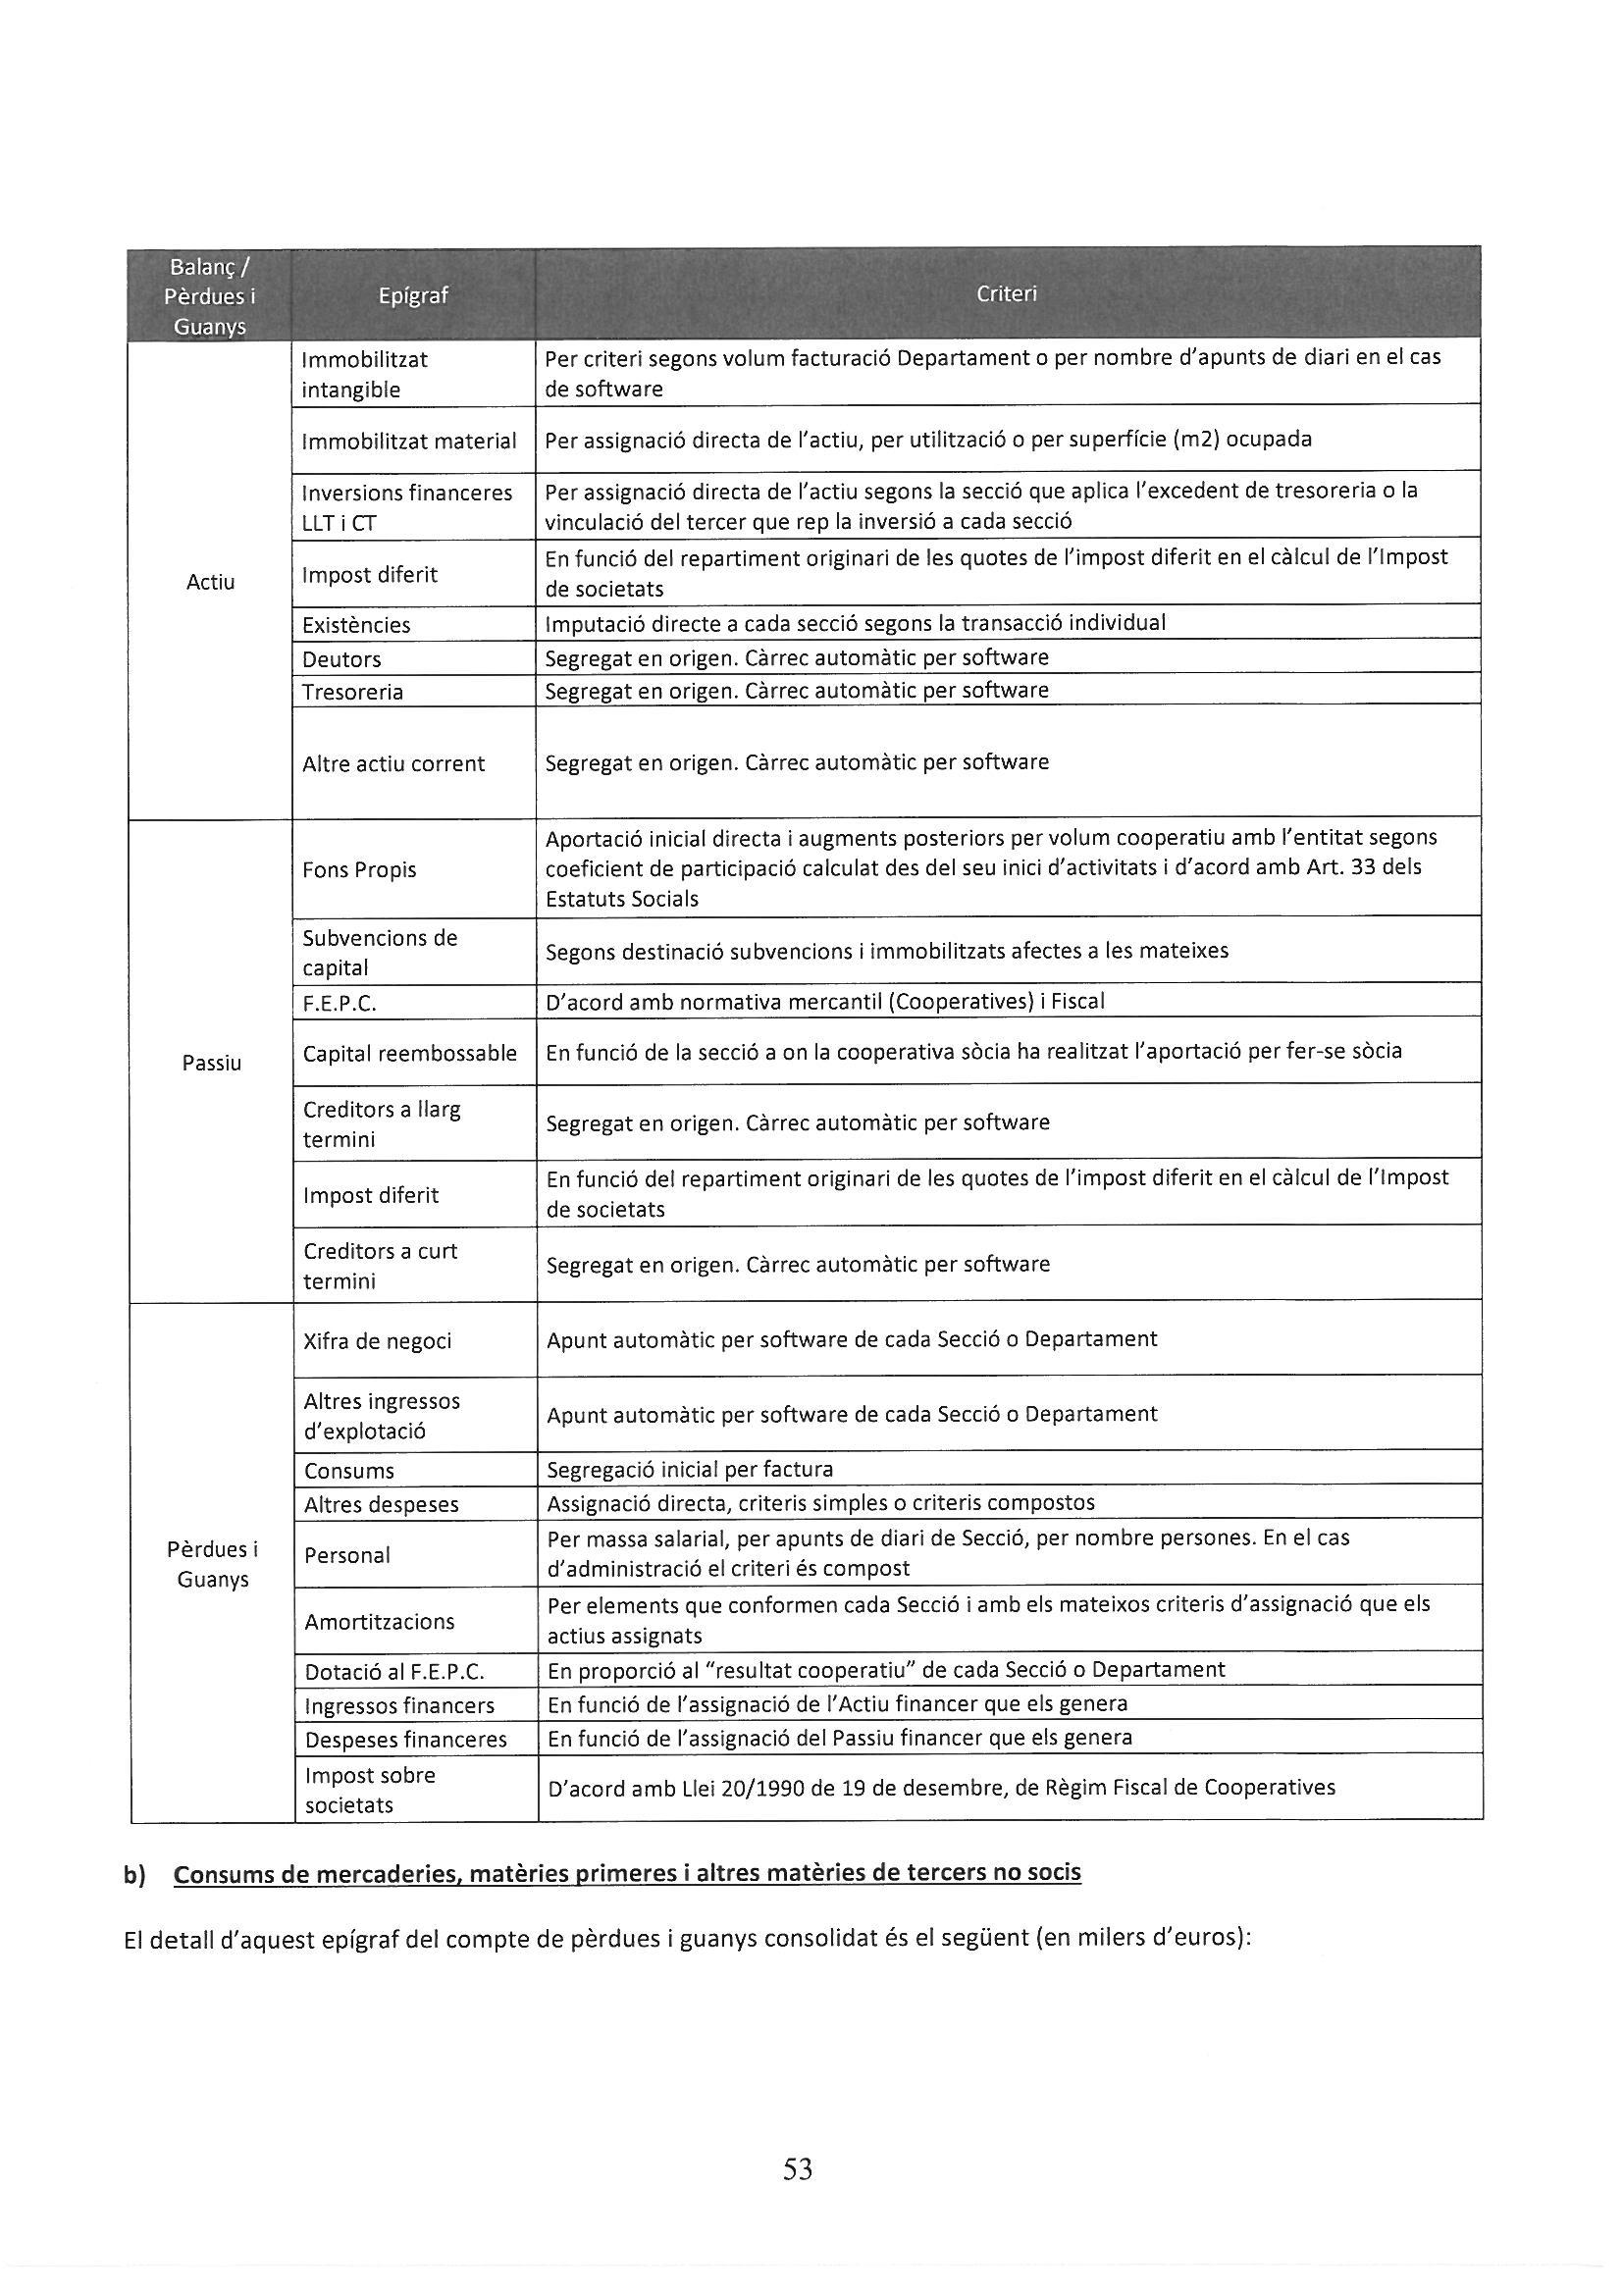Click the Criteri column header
[1007, 293]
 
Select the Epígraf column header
[414, 295]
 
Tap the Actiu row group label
[211, 582]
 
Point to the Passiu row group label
[212, 1063]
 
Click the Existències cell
[357, 625]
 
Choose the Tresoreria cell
[353, 692]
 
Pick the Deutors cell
[341, 659]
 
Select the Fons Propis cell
[360, 869]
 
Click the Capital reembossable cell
[411, 1053]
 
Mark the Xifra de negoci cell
[378, 1341]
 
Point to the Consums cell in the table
[349, 1471]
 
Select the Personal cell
[347, 1554]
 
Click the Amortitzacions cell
[380, 1622]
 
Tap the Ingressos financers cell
[399, 1705]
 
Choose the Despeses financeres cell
[406, 1740]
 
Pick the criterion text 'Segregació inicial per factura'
[691, 1469]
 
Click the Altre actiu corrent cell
[393, 763]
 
